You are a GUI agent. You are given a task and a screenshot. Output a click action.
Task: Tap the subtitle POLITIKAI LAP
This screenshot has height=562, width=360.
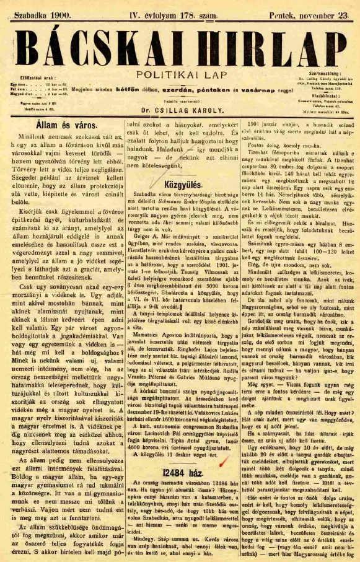(180, 74)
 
